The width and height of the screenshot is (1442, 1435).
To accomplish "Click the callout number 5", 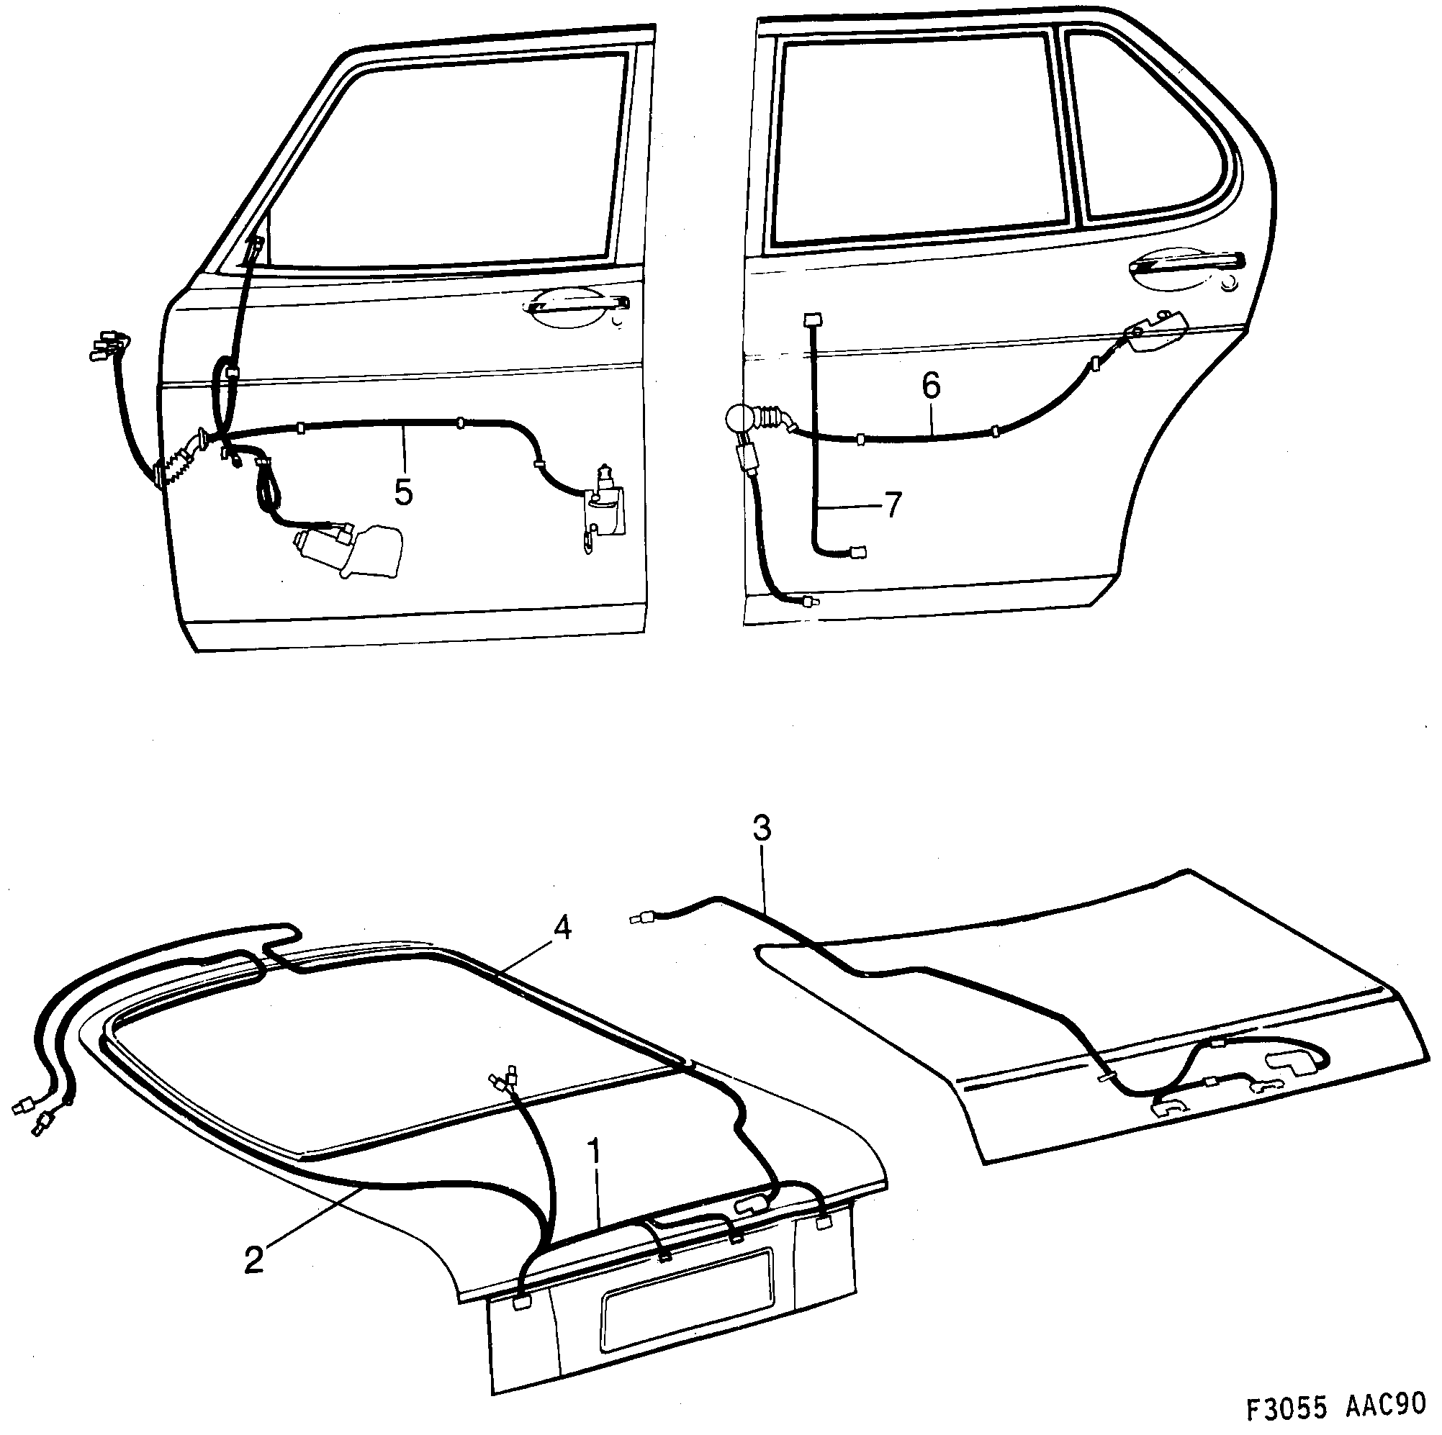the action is click(403, 492).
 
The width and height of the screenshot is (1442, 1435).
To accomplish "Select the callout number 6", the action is click(931, 386).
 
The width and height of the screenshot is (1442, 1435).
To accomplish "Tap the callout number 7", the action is click(893, 505).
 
